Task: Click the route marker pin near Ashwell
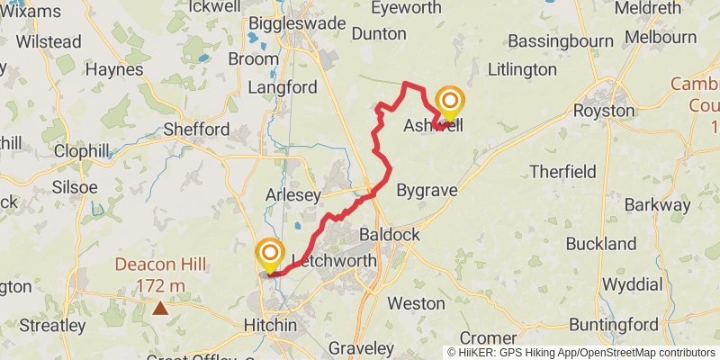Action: click(x=449, y=103)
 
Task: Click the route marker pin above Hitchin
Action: click(x=269, y=255)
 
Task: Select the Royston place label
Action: click(x=605, y=110)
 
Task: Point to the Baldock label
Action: click(x=389, y=234)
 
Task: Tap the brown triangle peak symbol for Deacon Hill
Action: click(x=160, y=309)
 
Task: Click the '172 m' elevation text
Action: click(x=160, y=286)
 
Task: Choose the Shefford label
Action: click(x=196, y=130)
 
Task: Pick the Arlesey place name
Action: click(x=293, y=195)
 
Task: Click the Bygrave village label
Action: click(x=427, y=190)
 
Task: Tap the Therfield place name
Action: click(x=562, y=171)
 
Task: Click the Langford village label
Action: click(x=282, y=87)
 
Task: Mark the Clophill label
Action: click(x=82, y=151)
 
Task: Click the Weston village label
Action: click(x=416, y=303)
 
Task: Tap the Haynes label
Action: click(x=113, y=69)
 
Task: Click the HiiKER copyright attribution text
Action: click(x=580, y=352)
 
